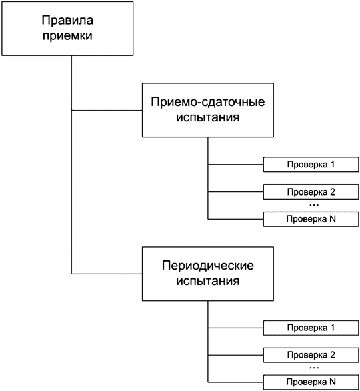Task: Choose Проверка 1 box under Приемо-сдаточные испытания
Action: [x=311, y=164]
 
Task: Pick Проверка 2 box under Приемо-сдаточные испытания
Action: [x=311, y=191]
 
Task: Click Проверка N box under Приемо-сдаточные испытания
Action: [x=311, y=218]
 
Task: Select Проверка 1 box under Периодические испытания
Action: [x=311, y=328]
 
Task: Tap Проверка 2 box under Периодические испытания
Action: [x=311, y=355]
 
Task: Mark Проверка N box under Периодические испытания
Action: [x=311, y=382]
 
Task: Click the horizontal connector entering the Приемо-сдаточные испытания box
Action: [x=107, y=109]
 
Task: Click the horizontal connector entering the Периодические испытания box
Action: [x=107, y=274]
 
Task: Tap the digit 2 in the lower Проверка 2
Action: [x=332, y=355]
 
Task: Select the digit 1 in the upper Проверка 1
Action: [x=332, y=164]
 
